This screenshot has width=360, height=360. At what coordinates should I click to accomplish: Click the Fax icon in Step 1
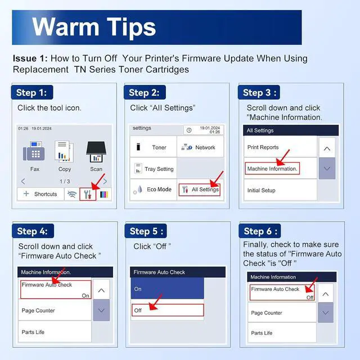tap(34, 151)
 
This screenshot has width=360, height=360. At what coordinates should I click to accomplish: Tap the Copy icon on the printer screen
tap(64, 151)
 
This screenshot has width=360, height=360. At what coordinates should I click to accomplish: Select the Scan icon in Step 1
tap(96, 151)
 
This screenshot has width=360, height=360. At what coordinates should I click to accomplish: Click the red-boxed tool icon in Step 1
tap(88, 194)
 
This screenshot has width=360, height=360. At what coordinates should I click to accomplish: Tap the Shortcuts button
tap(40, 194)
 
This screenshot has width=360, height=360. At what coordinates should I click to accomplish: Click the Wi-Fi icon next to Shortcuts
tap(72, 194)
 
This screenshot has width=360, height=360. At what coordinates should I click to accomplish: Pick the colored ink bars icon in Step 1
tap(104, 195)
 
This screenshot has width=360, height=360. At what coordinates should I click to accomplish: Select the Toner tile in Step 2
tap(154, 147)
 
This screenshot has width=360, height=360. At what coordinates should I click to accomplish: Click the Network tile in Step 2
tap(200, 147)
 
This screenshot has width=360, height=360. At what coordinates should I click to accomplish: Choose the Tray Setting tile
tap(154, 168)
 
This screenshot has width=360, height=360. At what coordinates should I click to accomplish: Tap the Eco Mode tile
tap(154, 190)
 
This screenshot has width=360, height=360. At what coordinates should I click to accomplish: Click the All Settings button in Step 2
tap(200, 190)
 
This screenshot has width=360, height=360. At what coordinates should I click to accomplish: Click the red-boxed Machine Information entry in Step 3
tap(272, 169)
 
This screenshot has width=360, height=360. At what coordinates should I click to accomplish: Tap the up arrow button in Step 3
tap(327, 148)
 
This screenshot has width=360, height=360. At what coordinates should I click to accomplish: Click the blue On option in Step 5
tap(167, 289)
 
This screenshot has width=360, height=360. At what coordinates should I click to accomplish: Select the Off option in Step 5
tap(168, 310)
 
